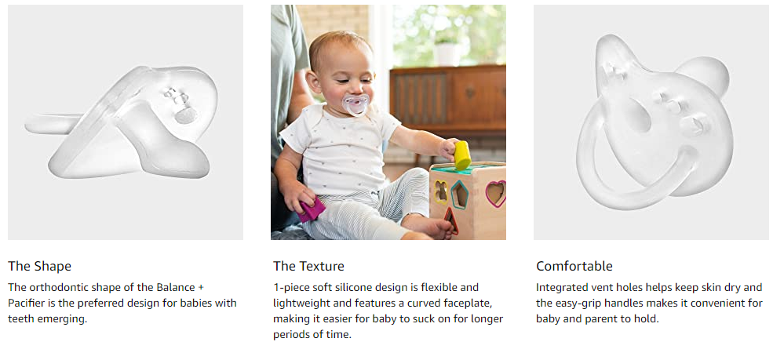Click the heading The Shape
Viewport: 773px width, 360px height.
(x=39, y=267)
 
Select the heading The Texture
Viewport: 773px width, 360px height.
(x=308, y=267)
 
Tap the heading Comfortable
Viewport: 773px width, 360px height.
(x=574, y=267)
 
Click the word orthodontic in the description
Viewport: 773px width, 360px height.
(x=53, y=287)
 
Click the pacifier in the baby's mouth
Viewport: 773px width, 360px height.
(x=356, y=104)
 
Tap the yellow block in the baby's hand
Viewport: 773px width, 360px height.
(x=462, y=155)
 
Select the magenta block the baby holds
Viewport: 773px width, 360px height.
(x=312, y=209)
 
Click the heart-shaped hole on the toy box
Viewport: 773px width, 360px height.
(x=495, y=194)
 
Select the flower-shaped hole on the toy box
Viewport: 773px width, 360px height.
(x=441, y=191)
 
